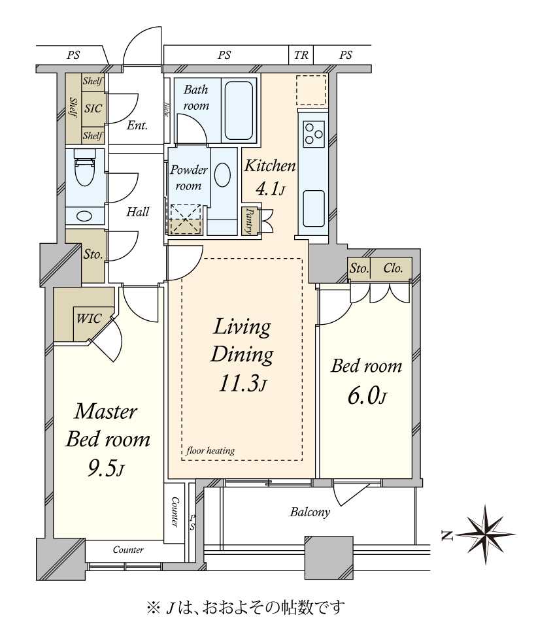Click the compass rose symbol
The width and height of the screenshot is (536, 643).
(486, 535)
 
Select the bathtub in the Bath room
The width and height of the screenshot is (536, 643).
(239, 110)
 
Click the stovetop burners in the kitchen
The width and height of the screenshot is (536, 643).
(314, 134)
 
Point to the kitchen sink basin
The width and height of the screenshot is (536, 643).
(314, 209)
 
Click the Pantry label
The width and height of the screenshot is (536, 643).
(248, 221)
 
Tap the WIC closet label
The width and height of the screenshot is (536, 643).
(89, 319)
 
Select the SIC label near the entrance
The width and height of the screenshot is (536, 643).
(93, 108)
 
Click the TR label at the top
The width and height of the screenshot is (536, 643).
(301, 55)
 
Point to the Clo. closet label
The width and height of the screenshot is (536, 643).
(393, 269)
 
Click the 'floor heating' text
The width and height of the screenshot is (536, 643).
(210, 451)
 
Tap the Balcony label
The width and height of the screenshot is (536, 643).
(310, 512)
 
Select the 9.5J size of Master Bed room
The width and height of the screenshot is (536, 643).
(105, 468)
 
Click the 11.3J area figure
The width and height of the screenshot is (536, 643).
(243, 384)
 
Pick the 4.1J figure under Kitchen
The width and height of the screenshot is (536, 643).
(270, 189)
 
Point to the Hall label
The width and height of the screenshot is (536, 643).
(137, 212)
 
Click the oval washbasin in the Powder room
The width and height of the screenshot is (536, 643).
(223, 176)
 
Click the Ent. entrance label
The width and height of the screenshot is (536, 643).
(137, 125)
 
